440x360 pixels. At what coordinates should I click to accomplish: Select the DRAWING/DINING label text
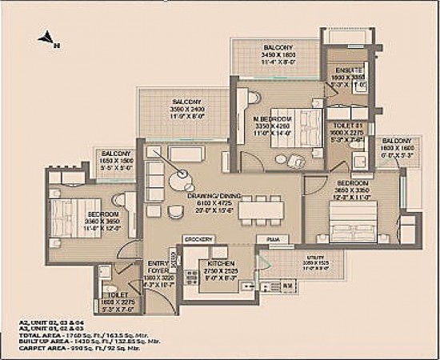click(210, 195)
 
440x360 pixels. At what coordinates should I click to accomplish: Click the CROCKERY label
click(198, 239)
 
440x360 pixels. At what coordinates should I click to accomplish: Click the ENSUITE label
click(344, 70)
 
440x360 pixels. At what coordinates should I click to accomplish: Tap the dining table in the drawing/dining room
click(265, 210)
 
